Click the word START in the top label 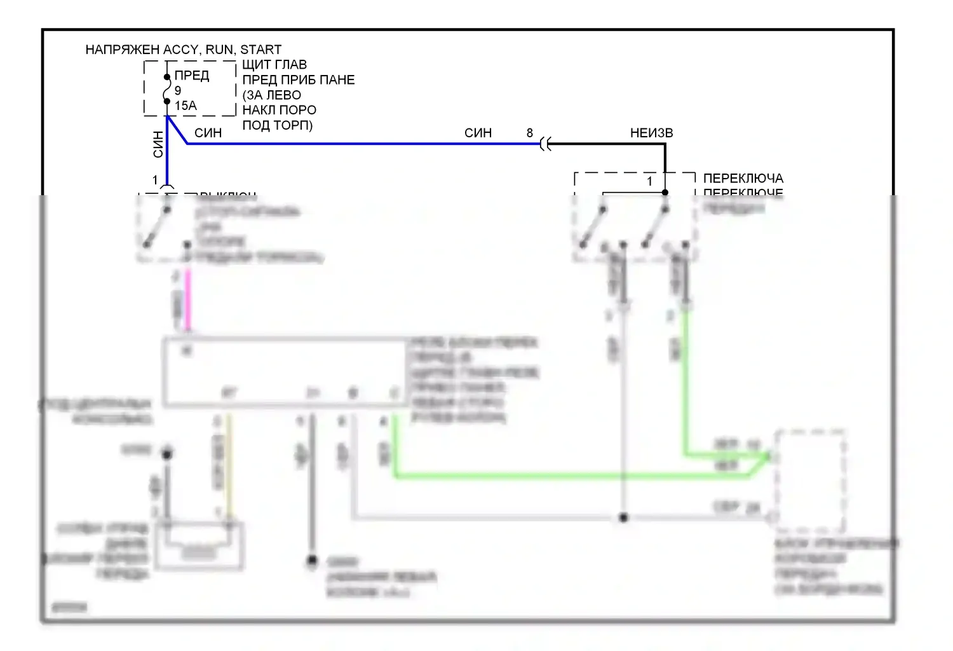[x=260, y=50]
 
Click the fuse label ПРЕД [x=192, y=76]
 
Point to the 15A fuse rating [x=186, y=106]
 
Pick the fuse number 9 [x=178, y=91]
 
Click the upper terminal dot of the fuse [x=167, y=77]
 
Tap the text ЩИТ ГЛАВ [x=274, y=65]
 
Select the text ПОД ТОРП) [x=278, y=125]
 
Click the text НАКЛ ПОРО [x=279, y=110]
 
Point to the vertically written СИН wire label [x=158, y=144]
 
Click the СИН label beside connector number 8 [x=478, y=133]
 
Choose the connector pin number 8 [x=530, y=133]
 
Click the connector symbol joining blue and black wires [x=544, y=144]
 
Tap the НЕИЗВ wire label [x=651, y=133]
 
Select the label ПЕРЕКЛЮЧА [x=743, y=179]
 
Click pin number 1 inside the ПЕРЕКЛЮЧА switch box [x=649, y=182]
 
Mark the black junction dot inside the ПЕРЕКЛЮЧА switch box [x=665, y=192]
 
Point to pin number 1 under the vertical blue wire [x=155, y=181]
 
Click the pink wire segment [x=187, y=299]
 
